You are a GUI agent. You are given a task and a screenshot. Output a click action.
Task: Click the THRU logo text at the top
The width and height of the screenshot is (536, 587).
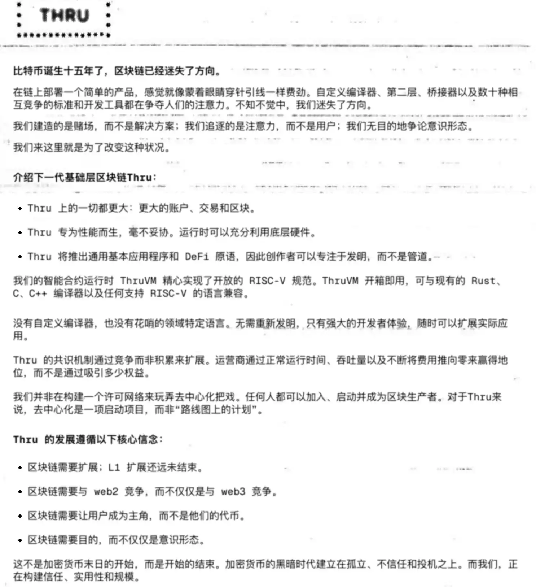coord(64,16)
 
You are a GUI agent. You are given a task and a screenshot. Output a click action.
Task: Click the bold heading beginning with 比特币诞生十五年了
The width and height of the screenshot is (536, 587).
coord(117,71)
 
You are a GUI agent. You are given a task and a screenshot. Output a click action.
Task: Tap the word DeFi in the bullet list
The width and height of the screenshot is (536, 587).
coord(197,257)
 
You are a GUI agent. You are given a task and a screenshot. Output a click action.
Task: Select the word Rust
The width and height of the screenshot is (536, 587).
coord(483,281)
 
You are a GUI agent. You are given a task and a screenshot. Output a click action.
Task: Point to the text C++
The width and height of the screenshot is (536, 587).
coord(38,293)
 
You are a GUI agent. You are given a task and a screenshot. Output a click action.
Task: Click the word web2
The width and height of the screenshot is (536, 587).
coord(106,492)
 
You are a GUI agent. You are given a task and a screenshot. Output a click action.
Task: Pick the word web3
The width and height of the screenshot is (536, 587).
coord(233,492)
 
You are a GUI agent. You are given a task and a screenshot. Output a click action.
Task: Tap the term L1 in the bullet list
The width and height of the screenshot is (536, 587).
coord(114,468)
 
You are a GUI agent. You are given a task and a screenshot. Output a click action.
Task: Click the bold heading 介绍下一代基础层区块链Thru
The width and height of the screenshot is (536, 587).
coord(85,177)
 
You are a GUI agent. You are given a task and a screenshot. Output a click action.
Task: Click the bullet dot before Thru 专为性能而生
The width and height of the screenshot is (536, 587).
coord(20,233)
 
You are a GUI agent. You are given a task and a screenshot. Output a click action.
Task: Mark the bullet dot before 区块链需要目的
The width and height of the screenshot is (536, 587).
coord(20,540)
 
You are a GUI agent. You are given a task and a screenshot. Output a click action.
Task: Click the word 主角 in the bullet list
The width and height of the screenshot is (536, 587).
coord(139,516)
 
